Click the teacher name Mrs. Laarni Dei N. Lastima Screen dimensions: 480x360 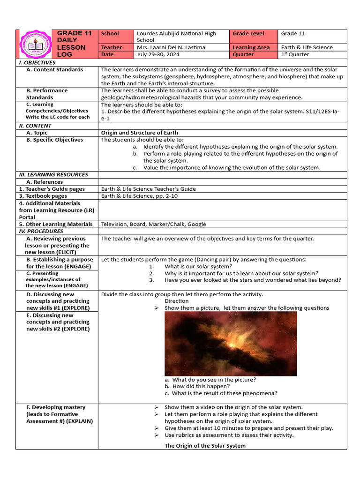point(171,47)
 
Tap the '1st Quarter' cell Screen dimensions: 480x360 point(295,54)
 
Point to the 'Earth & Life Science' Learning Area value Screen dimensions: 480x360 point(307,47)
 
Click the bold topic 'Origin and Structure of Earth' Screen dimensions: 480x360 point(140,133)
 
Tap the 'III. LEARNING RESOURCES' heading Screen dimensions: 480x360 point(53,174)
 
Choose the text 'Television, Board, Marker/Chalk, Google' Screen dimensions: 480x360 point(153,224)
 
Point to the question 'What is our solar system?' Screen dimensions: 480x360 point(198,267)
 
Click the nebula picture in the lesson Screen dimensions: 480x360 point(231,343)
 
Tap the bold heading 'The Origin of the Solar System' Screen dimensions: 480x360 point(205,445)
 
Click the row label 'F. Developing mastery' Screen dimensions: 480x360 point(56,407)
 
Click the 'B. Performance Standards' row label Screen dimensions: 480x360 point(47,94)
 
